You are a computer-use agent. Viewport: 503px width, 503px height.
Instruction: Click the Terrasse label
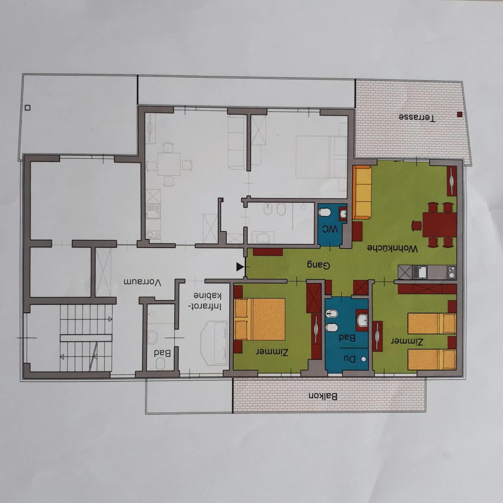click(416, 117)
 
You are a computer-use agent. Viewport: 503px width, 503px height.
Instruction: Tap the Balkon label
click(323, 396)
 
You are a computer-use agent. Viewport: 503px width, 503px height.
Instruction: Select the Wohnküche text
click(392, 248)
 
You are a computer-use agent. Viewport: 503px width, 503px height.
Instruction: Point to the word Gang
click(318, 265)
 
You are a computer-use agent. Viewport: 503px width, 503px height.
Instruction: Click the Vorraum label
click(142, 282)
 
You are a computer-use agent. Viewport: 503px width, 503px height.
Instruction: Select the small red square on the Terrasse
click(459, 114)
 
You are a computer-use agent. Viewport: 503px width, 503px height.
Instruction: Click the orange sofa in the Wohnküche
click(362, 192)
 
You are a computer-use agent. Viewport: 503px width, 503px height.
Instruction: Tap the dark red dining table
click(440, 224)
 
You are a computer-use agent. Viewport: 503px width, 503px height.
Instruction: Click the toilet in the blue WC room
click(325, 212)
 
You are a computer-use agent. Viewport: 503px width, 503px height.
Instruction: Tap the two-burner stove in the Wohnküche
click(452, 272)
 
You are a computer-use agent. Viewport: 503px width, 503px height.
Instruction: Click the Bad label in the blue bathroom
click(347, 338)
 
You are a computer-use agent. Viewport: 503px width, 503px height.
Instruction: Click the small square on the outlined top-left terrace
click(28, 107)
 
